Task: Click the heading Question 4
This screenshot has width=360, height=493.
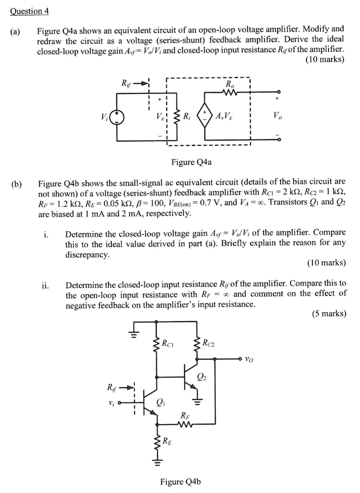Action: click(33, 11)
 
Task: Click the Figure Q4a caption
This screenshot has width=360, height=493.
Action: click(191, 162)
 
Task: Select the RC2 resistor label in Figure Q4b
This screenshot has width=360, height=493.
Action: click(209, 343)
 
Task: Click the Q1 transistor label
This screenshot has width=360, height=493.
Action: click(160, 402)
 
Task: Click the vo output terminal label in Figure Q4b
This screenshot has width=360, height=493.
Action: click(249, 359)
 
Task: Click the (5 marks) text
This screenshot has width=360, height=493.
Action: click(329, 313)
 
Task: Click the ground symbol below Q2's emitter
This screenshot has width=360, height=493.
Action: click(199, 400)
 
